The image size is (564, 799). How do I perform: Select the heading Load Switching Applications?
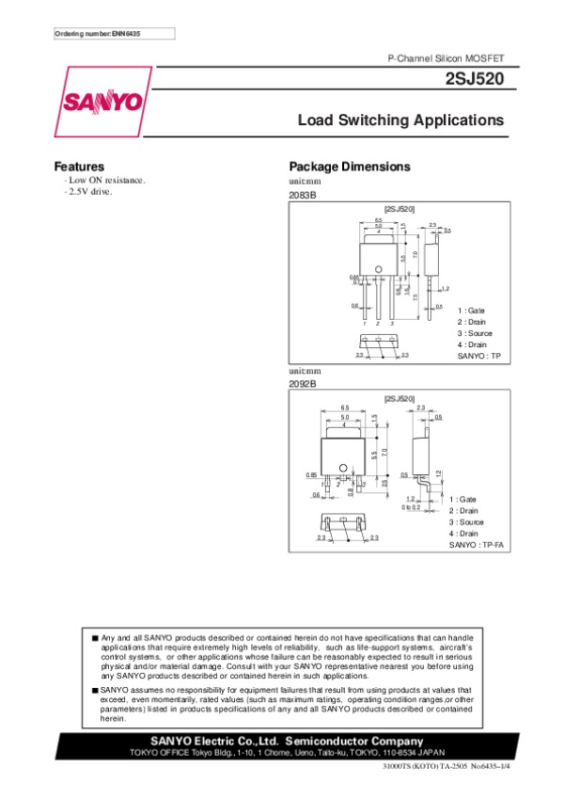pyautogui.click(x=400, y=120)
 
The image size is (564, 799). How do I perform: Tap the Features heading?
pyautogui.click(x=78, y=167)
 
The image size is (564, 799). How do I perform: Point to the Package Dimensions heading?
pyautogui.click(x=350, y=167)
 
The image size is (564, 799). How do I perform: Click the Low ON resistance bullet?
pyautogui.click(x=104, y=180)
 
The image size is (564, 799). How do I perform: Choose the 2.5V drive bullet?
pyautogui.click(x=87, y=191)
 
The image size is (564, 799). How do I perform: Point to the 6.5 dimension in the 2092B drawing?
pyautogui.click(x=345, y=407)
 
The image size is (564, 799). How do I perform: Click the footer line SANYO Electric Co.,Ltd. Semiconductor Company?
pyautogui.click(x=282, y=743)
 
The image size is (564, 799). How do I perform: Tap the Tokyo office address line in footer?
pyautogui.click(x=282, y=754)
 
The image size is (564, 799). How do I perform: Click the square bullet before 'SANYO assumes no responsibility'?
pyautogui.click(x=95, y=690)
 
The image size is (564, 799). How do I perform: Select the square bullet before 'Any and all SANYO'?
pyautogui.click(x=95, y=638)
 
